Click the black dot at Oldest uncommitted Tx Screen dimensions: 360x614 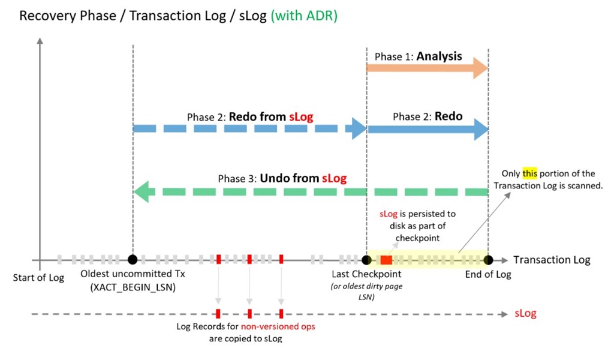[x=133, y=259]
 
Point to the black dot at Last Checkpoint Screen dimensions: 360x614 [x=366, y=259]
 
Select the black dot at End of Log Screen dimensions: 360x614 [x=488, y=259]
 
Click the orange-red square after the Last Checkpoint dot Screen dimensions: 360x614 [x=386, y=260]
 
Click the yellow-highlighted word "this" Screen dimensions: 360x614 [x=530, y=174]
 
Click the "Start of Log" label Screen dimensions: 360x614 [x=38, y=277]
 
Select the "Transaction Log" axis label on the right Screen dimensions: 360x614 [x=552, y=260]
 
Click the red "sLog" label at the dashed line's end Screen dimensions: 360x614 [x=525, y=314]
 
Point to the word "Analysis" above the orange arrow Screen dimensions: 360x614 [x=440, y=56]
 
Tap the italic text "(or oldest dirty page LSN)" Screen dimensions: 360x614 [x=366, y=291]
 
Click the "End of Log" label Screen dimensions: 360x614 [x=488, y=275]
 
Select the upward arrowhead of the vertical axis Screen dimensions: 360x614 [x=40, y=41]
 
